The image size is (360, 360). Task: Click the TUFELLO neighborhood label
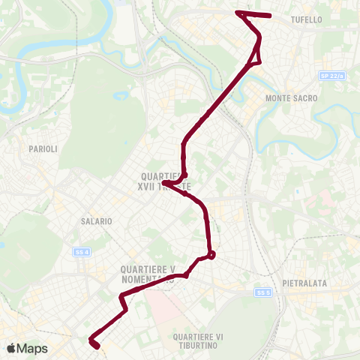(x=327, y=21)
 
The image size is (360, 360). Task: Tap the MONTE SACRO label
(x=292, y=98)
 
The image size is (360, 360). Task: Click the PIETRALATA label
(x=304, y=283)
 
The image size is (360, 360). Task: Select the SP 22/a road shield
(x=329, y=76)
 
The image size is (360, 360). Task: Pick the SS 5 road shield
(x=262, y=292)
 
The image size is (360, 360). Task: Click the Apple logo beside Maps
(x=10, y=349)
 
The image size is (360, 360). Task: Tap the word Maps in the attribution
(x=32, y=349)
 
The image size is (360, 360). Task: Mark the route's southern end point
(x=96, y=345)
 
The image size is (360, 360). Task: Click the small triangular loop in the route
(x=257, y=54)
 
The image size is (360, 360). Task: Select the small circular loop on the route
(x=211, y=255)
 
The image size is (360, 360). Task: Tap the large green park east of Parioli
(x=112, y=112)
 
